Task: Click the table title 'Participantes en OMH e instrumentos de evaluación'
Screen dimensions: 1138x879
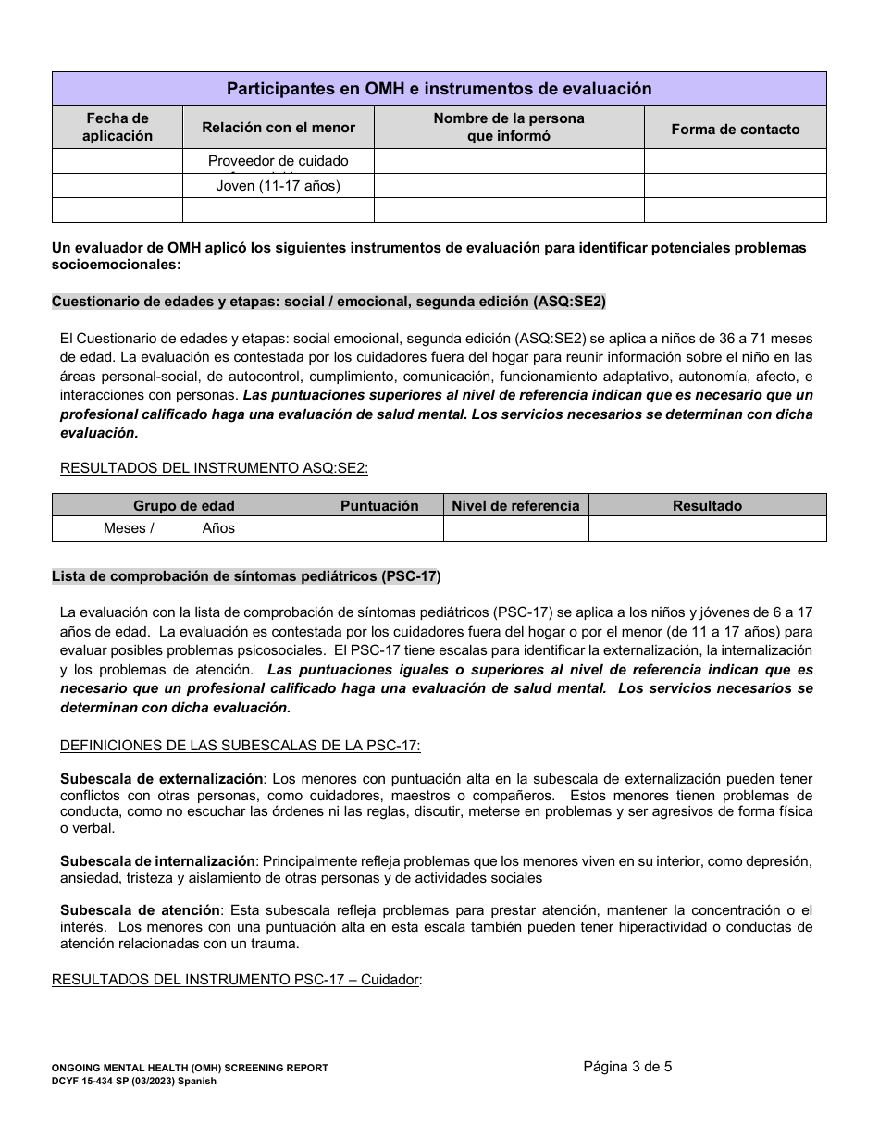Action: coord(439,89)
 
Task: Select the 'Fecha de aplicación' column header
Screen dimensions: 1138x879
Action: coord(118,128)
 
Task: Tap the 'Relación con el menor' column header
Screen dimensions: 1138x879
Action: coord(279,128)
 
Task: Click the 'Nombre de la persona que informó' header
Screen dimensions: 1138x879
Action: coord(509,128)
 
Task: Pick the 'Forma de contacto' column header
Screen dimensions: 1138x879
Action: coord(735,129)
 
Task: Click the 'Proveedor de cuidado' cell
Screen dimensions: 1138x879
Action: coord(279,161)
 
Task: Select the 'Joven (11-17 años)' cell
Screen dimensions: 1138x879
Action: coord(279,186)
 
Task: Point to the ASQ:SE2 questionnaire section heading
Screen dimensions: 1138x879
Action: coord(329,302)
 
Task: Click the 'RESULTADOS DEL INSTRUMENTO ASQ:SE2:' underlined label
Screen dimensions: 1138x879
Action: coord(214,467)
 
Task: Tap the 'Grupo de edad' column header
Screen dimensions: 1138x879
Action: coord(184,505)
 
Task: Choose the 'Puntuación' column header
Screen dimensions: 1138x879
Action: coord(379,505)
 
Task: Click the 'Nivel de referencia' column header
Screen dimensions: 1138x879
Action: coord(515,505)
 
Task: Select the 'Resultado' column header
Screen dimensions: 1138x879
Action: coord(707,505)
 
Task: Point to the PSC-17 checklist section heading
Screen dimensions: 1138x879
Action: coord(246,576)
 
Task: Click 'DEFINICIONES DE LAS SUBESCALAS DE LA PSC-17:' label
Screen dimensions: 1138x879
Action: coord(241,746)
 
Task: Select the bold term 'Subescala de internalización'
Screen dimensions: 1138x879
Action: coord(157,860)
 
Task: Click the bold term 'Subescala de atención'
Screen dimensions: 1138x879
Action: coord(141,909)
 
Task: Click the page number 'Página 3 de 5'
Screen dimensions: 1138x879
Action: coord(627,1066)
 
